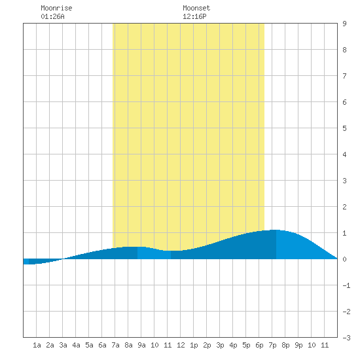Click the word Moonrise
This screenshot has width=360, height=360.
click(56, 8)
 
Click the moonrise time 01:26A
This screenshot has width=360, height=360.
click(52, 16)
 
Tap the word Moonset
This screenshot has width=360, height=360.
click(196, 8)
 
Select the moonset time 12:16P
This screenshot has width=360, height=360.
click(194, 16)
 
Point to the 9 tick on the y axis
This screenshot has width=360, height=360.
click(344, 24)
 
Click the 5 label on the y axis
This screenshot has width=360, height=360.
click(344, 128)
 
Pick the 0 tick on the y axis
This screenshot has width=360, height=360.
click(344, 259)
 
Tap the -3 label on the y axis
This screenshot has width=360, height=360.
click(346, 338)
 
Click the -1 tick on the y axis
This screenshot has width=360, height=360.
click(346, 285)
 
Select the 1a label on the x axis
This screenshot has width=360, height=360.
click(37, 345)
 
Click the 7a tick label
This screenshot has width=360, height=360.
click(115, 345)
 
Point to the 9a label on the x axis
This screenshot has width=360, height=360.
click(141, 345)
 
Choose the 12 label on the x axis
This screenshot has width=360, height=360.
click(181, 345)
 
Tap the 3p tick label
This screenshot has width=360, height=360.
click(220, 345)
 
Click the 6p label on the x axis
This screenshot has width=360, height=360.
click(259, 345)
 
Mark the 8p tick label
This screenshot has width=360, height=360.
click(285, 345)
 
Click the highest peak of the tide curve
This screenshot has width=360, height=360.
click(276, 230)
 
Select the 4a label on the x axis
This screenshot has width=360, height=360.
click(76, 345)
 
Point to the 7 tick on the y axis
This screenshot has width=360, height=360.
click(344, 76)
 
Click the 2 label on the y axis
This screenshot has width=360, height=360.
click(344, 207)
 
